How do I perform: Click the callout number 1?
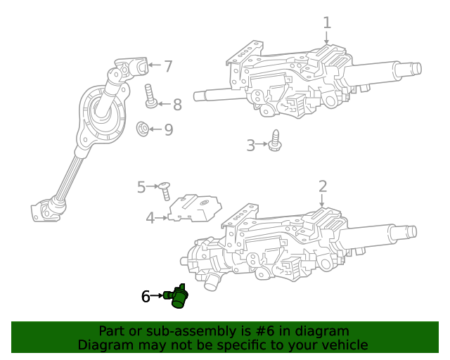(327, 22)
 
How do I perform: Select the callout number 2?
(323, 186)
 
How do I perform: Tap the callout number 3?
(251, 146)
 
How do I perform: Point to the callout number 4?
(150, 218)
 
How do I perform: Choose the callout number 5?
(141, 187)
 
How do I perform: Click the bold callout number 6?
(146, 297)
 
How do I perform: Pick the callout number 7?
(168, 67)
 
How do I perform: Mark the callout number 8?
(177, 105)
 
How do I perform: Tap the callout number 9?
(168, 130)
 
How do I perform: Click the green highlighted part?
(179, 297)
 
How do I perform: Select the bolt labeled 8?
(150, 96)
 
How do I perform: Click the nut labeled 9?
(141, 129)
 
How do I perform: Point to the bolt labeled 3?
(275, 141)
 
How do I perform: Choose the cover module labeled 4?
(193, 208)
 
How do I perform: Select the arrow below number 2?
(323, 201)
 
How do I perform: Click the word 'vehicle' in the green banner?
(344, 345)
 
